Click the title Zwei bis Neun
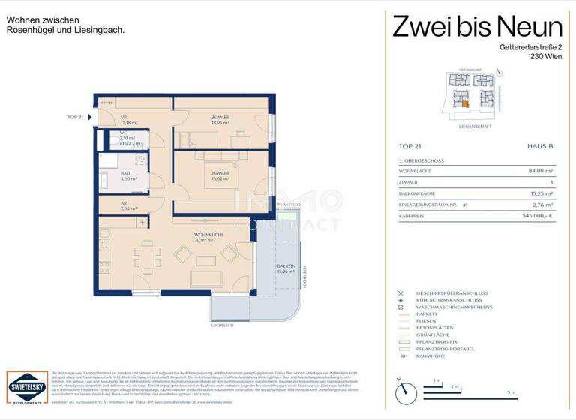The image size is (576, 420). coord(477,27)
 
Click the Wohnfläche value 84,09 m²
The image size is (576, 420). coord(538,170)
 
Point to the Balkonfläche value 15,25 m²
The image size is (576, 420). coord(538,193)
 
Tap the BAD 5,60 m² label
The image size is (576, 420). coord(127,176)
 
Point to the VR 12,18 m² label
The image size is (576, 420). coord(127,120)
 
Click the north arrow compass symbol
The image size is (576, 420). coord(404,391)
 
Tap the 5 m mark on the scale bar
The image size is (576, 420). coord(511,392)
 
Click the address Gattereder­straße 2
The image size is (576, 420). coord(530,46)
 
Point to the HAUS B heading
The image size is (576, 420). coord(539,146)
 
